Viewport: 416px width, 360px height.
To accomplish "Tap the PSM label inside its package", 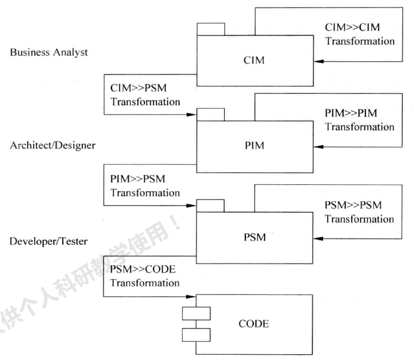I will click(254, 237).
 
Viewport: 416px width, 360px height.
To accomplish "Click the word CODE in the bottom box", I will click(254, 323).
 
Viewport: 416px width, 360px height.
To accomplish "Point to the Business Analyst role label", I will click(49, 52).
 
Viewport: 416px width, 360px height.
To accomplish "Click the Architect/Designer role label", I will click(53, 145).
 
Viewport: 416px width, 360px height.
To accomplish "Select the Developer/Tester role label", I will click(49, 241).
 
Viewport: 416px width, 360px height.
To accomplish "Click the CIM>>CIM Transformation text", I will click(360, 34).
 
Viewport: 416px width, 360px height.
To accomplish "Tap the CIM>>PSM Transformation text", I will click(145, 94).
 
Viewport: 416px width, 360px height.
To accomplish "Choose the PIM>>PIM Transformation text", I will click(360, 120).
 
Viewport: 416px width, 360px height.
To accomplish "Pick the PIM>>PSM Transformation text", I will click(145, 185).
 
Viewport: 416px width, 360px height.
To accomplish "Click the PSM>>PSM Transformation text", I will click(360, 211).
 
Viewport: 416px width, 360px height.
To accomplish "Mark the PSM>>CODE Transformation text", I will click(145, 276).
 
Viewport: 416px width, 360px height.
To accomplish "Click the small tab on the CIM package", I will click(210, 29).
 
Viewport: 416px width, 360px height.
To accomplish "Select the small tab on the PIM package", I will click(210, 114).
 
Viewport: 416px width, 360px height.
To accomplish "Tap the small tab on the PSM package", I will click(210, 205).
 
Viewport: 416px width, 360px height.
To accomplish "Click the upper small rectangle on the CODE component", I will click(196, 314).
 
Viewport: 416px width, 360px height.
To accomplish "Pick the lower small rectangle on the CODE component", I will click(196, 335).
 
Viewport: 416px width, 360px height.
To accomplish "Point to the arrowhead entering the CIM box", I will click(317, 62).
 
